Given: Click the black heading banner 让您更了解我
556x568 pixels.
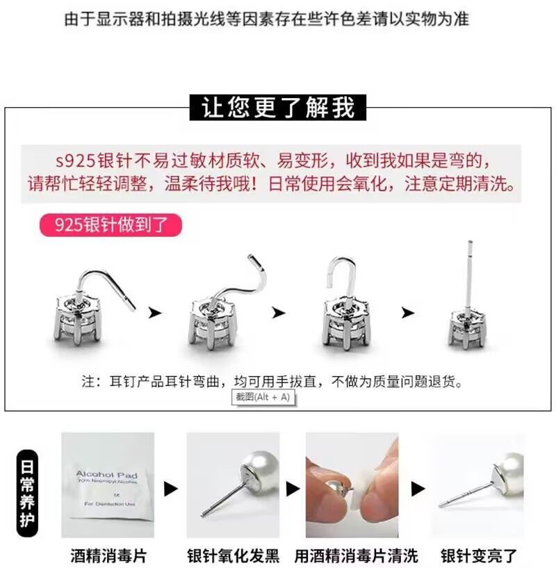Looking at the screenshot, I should tap(278, 108).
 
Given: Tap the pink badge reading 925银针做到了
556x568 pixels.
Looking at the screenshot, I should tap(111, 225).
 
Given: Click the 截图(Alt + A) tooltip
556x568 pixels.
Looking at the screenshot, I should tap(263, 397).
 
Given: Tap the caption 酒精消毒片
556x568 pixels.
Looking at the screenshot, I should tap(108, 555).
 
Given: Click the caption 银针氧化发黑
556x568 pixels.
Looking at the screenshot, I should tap(233, 555).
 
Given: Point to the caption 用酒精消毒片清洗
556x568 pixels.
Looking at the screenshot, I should tap(357, 555).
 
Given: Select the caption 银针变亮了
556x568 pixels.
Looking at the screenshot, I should tap(479, 555).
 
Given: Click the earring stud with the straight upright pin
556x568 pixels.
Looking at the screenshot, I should tap(468, 306).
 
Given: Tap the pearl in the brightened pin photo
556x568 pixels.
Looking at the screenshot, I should tap(511, 473).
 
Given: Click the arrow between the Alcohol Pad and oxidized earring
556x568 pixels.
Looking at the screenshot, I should tap(170, 489).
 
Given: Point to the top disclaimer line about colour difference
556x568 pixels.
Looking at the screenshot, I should tap(266, 18).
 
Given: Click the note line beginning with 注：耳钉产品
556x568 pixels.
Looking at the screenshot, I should tap(272, 382).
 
